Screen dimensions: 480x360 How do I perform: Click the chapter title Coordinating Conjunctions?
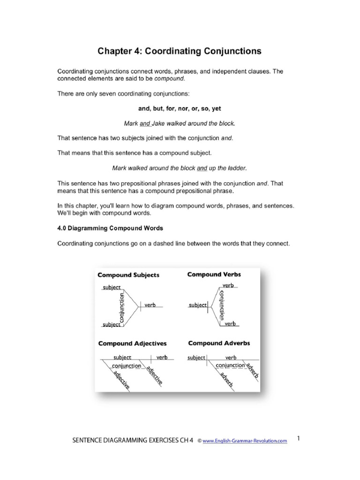tap(180, 50)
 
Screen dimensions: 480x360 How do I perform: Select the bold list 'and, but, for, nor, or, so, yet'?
tap(180, 108)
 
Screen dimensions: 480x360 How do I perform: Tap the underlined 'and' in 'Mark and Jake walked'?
tap(145, 123)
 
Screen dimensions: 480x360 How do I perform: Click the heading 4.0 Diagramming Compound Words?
tap(110, 228)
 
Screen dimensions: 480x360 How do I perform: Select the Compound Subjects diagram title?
tap(128, 275)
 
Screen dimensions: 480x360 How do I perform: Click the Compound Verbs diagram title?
tap(213, 274)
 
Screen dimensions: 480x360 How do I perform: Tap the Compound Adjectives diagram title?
tap(132, 344)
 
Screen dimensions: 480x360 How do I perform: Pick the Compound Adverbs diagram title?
tap(219, 343)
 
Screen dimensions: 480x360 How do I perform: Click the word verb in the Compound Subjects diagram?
tap(150, 305)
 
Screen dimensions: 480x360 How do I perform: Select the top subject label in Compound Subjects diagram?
tap(112, 287)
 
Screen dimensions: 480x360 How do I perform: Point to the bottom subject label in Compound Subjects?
tap(112, 324)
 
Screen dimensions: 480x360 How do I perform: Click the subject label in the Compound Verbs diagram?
tap(197, 305)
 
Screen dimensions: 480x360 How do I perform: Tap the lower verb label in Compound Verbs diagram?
tap(230, 323)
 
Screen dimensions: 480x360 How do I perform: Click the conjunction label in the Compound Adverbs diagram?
tap(230, 365)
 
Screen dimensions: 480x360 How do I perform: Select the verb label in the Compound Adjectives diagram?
tap(162, 357)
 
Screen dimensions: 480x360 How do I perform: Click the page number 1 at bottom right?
tap(299, 439)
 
